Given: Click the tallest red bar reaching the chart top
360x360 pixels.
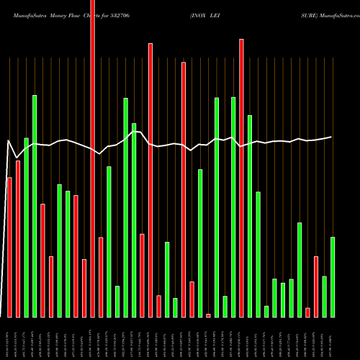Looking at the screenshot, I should coord(92,158).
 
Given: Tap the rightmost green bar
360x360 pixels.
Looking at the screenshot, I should coord(333,276).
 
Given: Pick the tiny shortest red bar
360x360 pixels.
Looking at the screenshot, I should coord(208,315).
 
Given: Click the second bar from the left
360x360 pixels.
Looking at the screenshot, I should coord(18,238).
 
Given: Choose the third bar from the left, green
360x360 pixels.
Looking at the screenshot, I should coord(26,227).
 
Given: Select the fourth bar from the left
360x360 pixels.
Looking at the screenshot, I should coord(35,206).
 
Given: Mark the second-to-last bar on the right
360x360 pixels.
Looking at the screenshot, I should coord(324,296).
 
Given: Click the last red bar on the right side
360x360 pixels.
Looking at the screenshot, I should coord(316,287).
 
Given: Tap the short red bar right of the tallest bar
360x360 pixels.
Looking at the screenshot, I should coord(101,276).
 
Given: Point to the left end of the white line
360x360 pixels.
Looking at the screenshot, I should coord(7,140).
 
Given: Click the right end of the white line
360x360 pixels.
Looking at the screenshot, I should coord(331,137).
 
